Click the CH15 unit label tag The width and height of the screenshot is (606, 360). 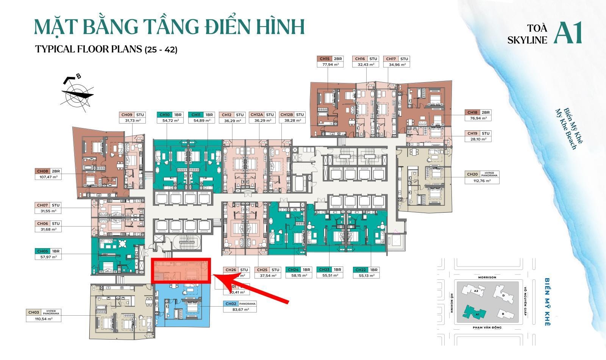click(x=330, y=59)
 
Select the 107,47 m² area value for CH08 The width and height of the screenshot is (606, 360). click(x=48, y=177)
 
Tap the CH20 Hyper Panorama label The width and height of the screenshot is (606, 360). click(x=482, y=174)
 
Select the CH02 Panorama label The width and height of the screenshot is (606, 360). click(x=240, y=304)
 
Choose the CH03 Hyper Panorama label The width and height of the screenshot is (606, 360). click(x=43, y=312)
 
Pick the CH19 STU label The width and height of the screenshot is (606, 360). click(x=478, y=133)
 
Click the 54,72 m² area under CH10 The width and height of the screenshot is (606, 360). click(x=170, y=121)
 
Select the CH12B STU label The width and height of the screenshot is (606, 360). click(x=292, y=114)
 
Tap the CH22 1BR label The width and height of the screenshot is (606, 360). click(x=366, y=270)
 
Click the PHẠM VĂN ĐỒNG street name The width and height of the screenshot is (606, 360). click(x=487, y=327)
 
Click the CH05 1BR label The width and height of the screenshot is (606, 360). click(x=48, y=251)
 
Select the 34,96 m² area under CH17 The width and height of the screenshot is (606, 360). click(x=397, y=65)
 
